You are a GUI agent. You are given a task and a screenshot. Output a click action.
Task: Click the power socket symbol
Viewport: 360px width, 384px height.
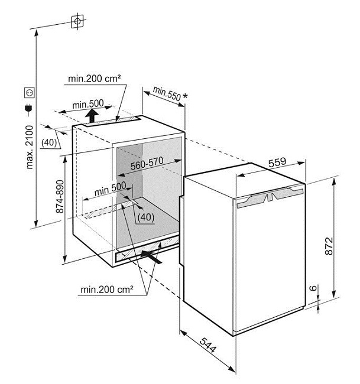[x=28, y=93]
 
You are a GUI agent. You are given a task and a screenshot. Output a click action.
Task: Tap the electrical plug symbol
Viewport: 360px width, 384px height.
[x=27, y=108]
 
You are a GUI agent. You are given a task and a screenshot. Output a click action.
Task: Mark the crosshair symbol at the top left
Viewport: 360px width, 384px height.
[x=76, y=22]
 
